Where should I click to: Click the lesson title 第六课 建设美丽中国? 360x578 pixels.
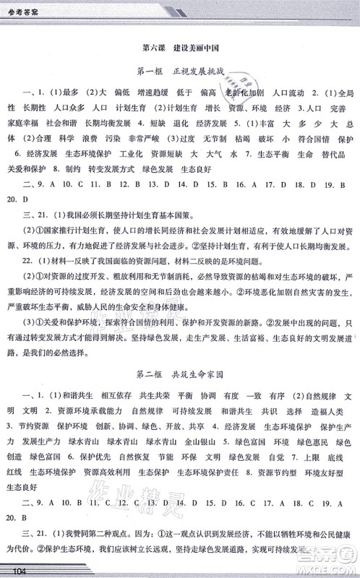[180, 48]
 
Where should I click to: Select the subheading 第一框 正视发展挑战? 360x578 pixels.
[180, 74]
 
